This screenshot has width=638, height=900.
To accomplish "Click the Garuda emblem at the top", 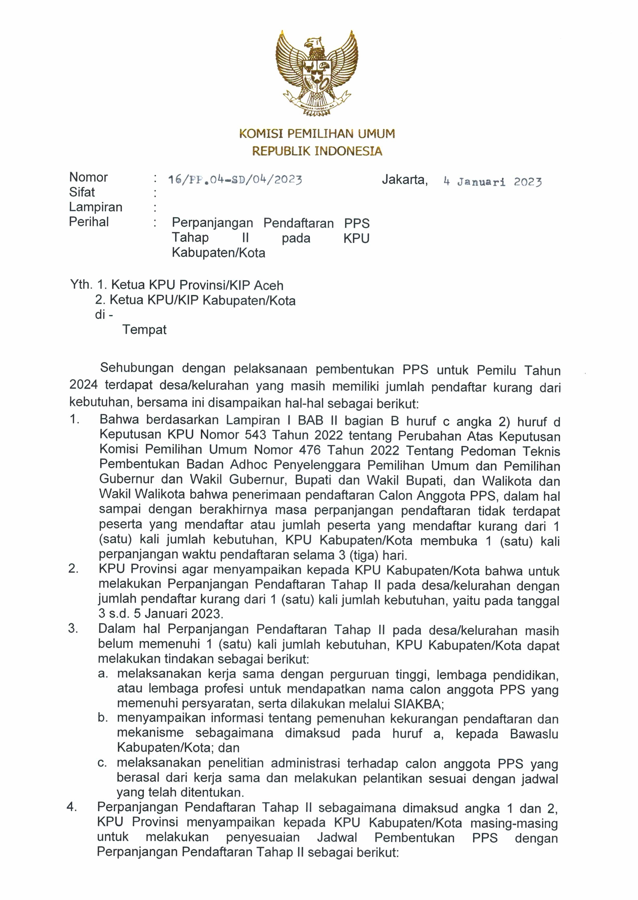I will tap(317, 72).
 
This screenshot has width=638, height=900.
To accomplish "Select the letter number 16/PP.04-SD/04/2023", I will tap(235, 180).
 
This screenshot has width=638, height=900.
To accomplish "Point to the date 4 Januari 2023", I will tap(493, 182).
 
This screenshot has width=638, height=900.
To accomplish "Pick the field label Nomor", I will tap(89, 178).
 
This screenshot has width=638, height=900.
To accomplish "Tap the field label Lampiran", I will tap(96, 207).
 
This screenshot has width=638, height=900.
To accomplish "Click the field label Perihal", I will tap(89, 222).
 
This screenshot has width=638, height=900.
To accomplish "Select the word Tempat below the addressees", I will tap(144, 329).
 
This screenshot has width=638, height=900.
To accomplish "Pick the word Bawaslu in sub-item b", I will tap(534, 734).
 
